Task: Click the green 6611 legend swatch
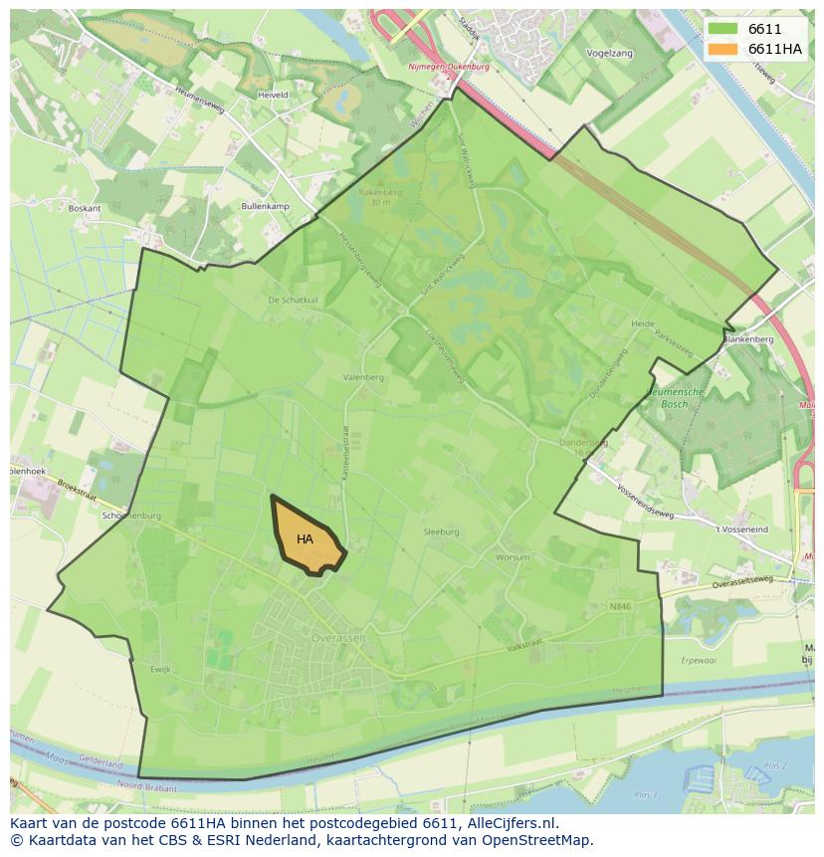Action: tap(722, 29)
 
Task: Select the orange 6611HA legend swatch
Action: tap(722, 49)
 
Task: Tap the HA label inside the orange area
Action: tap(305, 539)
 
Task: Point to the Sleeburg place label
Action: tap(442, 533)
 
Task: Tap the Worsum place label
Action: tap(514, 557)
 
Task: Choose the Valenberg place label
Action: tap(363, 378)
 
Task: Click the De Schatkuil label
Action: tap(293, 300)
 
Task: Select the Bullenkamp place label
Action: tap(265, 206)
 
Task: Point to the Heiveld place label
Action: tap(273, 96)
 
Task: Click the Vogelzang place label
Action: tap(610, 54)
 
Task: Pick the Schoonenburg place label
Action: tap(131, 516)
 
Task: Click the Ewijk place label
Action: tap(161, 670)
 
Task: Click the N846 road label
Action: tap(620, 605)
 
